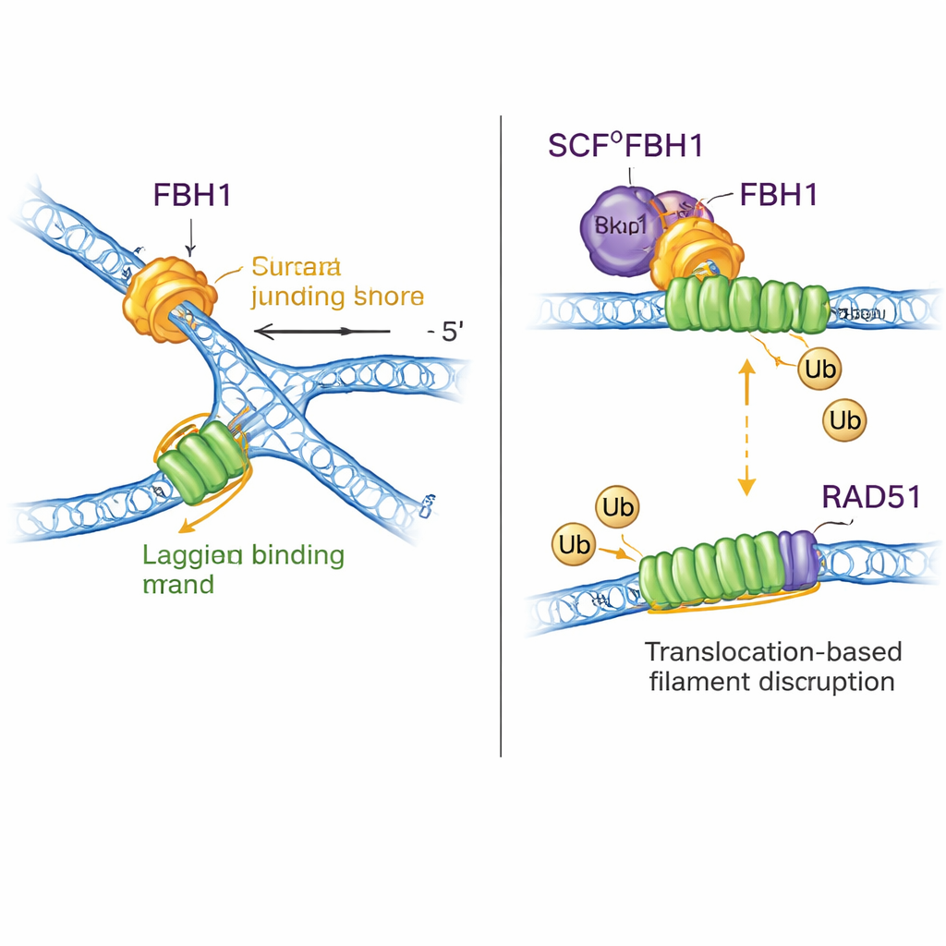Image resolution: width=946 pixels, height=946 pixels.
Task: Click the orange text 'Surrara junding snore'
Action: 336,283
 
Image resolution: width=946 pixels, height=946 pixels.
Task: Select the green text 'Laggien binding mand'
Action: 244,569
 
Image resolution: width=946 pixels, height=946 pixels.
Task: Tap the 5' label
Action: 449,332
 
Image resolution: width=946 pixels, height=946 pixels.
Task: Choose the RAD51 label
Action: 870,497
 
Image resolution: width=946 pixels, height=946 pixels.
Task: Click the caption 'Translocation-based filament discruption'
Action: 771,666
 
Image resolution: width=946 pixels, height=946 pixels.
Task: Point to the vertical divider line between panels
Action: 501,434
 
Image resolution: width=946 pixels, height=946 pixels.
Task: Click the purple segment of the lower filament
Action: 798,560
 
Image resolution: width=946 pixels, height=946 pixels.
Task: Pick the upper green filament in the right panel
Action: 746,307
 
